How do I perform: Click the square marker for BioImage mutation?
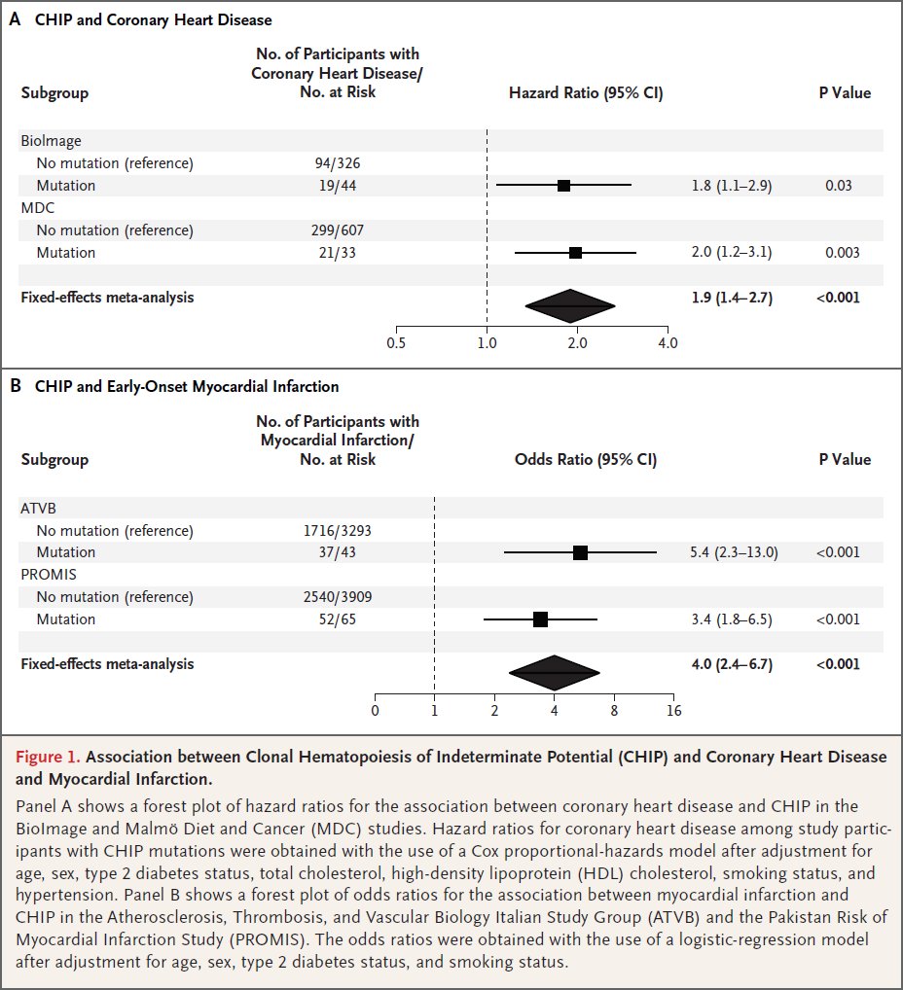click(563, 185)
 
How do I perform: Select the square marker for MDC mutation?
click(575, 252)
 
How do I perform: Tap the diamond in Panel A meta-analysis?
click(570, 305)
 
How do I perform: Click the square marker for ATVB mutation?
click(580, 552)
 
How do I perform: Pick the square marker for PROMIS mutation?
click(540, 619)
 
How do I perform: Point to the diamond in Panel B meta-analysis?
click(555, 672)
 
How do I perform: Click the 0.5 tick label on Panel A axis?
click(396, 342)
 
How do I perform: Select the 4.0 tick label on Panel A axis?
click(668, 342)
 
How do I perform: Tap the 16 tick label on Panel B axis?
click(673, 709)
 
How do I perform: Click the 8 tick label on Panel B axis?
click(614, 709)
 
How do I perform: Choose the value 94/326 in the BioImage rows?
click(337, 162)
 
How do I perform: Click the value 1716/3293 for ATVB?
click(337, 530)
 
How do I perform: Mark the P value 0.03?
click(839, 185)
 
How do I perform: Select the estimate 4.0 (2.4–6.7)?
click(731, 663)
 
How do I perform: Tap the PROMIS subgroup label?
click(47, 575)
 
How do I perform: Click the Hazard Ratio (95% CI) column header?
click(586, 93)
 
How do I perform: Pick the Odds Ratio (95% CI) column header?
click(585, 460)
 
